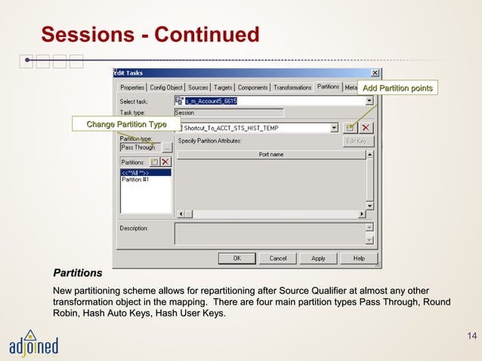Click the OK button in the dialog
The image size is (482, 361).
pyautogui.click(x=236, y=258)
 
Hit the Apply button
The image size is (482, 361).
pyautogui.click(x=318, y=258)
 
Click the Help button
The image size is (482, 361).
pyautogui.click(x=358, y=258)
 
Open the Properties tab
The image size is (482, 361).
pyautogui.click(x=132, y=88)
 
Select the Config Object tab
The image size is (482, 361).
pyautogui.click(x=165, y=88)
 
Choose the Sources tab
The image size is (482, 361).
pyautogui.click(x=198, y=88)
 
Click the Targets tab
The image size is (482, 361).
pyautogui.click(x=223, y=88)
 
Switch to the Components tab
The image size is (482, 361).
pyautogui.click(x=252, y=88)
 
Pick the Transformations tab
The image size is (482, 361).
pyautogui.click(x=292, y=88)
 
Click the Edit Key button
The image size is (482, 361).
pyautogui.click(x=356, y=140)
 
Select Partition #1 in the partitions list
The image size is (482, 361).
pyautogui.click(x=136, y=180)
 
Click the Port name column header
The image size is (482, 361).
pyautogui.click(x=270, y=154)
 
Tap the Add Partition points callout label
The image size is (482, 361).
pyautogui.click(x=397, y=89)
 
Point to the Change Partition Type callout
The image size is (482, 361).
pyautogui.click(x=126, y=124)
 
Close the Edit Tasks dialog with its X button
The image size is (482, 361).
pyautogui.click(x=375, y=73)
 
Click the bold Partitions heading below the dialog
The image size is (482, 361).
pyautogui.click(x=77, y=273)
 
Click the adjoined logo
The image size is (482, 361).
pyautogui.click(x=33, y=344)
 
